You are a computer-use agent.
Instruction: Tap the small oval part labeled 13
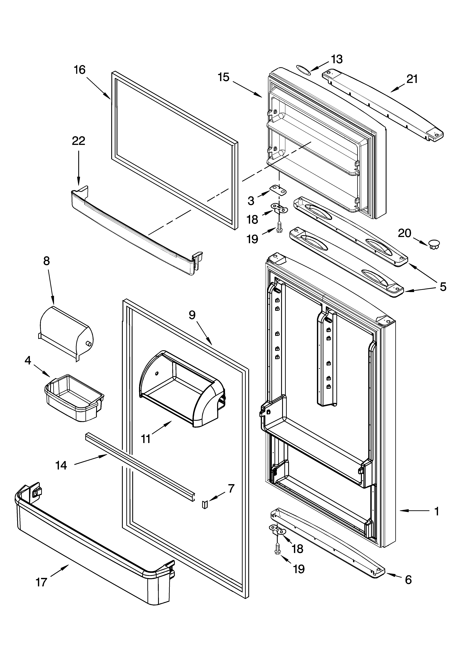(303, 70)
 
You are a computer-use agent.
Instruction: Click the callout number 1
(436, 511)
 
